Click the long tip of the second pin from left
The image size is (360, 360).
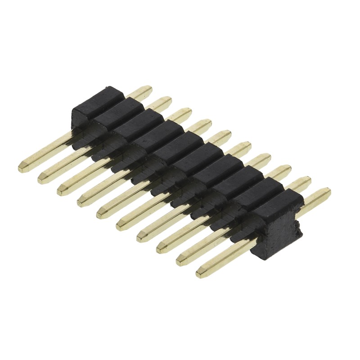[x=41, y=179]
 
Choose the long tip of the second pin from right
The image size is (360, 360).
[x=180, y=261]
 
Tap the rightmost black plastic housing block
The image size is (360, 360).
[x=277, y=220]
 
